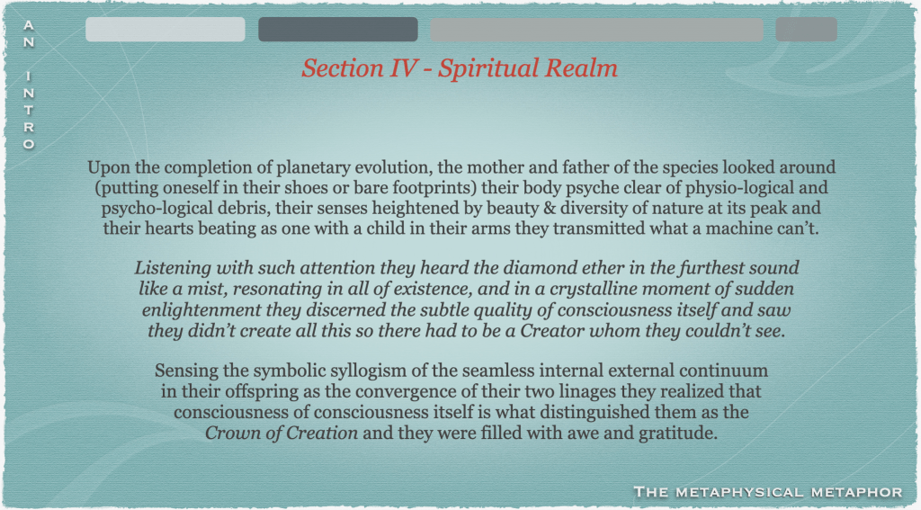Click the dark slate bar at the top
coord(338,30)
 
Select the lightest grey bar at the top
coord(165,30)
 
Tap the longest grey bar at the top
coord(596,30)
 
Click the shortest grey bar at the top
coord(806,30)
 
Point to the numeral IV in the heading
coord(401,68)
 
